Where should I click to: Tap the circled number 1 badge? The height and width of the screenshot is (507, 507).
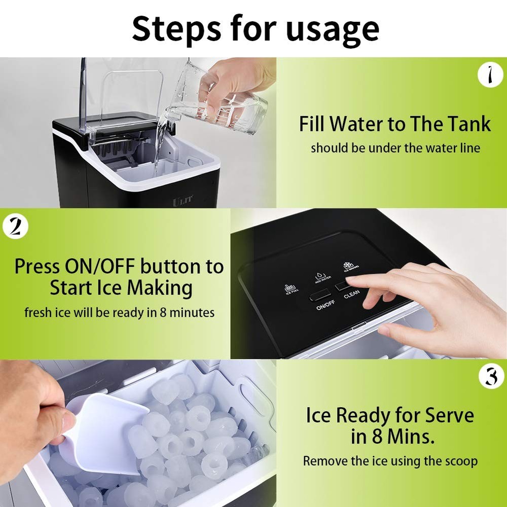tap(490, 76)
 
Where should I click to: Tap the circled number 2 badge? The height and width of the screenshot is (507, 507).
tap(15, 227)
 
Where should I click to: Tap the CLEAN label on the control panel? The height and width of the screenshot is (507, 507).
tap(351, 294)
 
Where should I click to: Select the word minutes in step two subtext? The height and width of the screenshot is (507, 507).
tap(192, 312)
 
